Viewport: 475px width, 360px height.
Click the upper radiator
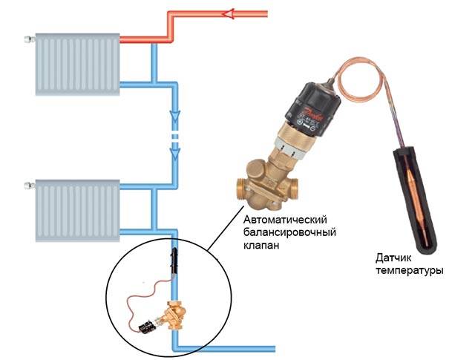(x=77, y=65)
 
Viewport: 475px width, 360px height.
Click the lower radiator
(x=77, y=211)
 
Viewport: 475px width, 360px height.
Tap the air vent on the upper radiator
(x=30, y=39)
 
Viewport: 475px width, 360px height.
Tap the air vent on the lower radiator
(x=30, y=185)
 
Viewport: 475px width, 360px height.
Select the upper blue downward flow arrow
(x=175, y=117)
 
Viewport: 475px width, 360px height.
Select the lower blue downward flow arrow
(x=175, y=154)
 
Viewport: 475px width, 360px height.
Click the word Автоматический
(x=285, y=220)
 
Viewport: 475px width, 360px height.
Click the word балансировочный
(x=290, y=233)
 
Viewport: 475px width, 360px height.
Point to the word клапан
(x=261, y=245)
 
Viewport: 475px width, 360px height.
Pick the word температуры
(x=410, y=270)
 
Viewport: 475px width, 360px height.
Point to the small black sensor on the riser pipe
(x=174, y=261)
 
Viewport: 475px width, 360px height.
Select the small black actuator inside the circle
(x=147, y=327)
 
